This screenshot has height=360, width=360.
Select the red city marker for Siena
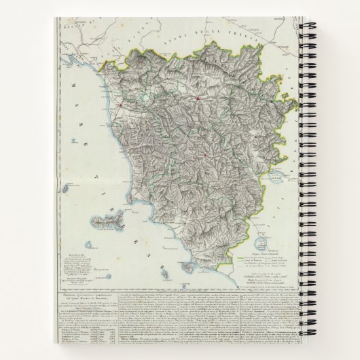click(203, 156)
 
